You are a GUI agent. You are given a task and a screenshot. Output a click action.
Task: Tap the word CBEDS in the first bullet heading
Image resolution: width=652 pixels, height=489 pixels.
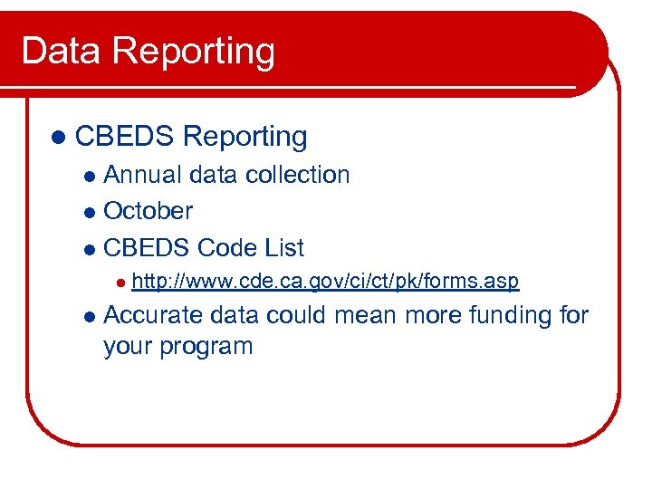[x=125, y=137]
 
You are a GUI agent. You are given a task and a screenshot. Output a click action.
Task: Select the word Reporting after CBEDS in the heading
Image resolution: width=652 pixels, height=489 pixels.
[x=244, y=138]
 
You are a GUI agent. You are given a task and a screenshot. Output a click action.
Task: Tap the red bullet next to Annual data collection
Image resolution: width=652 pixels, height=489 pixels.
[x=88, y=176]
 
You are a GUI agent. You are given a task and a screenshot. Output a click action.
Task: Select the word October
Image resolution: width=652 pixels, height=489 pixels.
[x=149, y=211]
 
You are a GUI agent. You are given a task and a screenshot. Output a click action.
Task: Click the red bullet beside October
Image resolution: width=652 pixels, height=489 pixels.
[x=88, y=212]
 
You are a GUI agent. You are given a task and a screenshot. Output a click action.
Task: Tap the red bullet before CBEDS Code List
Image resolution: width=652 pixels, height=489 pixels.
[x=88, y=249]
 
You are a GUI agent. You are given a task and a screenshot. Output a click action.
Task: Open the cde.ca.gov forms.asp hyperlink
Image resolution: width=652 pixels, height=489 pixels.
[x=325, y=282]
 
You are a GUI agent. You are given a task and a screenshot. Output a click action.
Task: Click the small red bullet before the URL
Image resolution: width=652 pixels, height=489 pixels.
[x=119, y=283]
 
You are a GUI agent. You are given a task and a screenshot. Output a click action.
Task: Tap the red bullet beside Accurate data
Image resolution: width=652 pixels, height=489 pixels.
[x=88, y=317]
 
